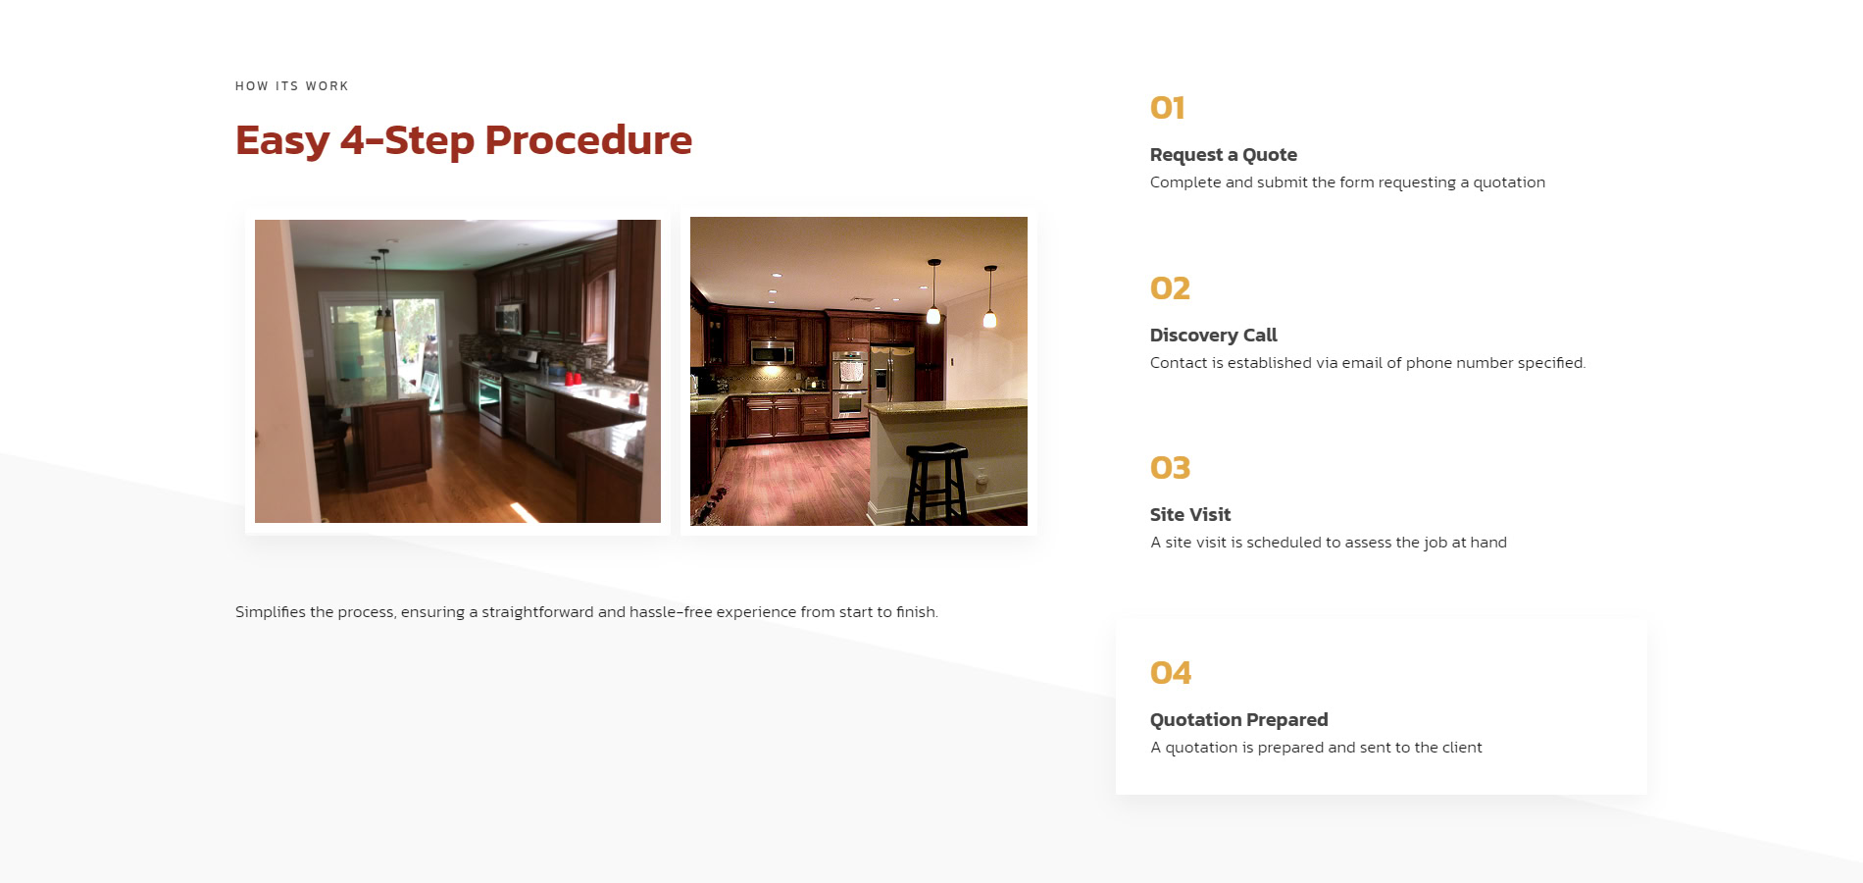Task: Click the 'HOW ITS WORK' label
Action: point(292,86)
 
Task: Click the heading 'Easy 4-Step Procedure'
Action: point(464,141)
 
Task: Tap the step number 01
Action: point(1168,108)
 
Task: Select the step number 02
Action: point(1170,288)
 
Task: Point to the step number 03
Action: point(1170,468)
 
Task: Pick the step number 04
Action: point(1171,673)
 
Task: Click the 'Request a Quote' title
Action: point(1224,155)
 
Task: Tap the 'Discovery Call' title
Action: point(1214,336)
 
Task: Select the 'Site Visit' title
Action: point(1190,515)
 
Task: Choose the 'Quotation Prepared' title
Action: point(1239,720)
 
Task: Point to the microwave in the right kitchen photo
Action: point(772,352)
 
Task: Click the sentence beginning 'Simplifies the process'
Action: point(586,612)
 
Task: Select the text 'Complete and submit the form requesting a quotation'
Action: point(1347,182)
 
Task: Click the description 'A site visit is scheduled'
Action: point(1329,543)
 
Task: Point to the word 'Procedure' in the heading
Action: point(588,140)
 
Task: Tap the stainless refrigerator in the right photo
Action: point(892,374)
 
